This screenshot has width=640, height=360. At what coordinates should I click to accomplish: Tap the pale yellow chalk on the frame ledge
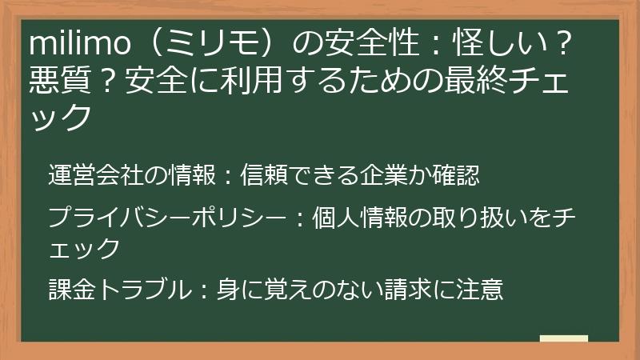563,339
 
